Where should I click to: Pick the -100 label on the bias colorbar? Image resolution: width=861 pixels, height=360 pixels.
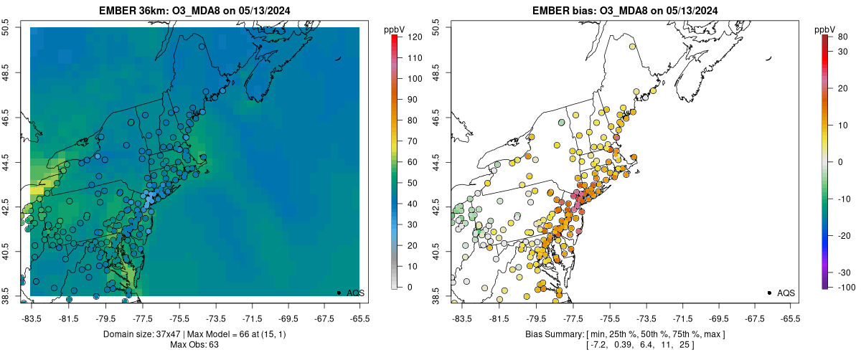tap(844, 287)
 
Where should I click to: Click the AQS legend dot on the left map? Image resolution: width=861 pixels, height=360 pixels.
tap(338, 293)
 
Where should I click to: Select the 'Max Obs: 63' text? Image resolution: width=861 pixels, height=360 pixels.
tap(194, 345)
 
